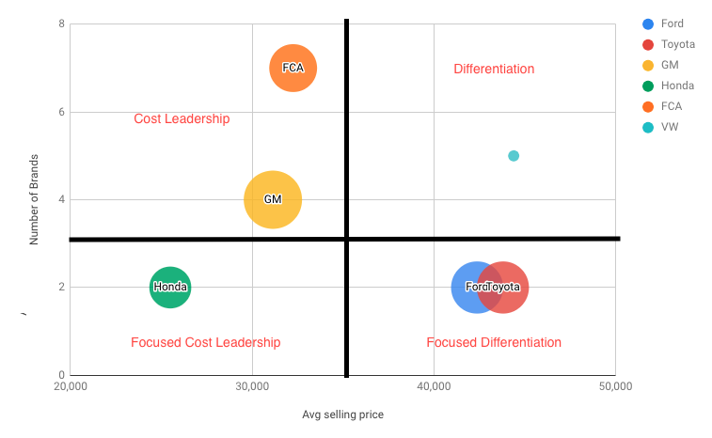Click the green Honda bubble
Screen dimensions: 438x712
[x=170, y=287]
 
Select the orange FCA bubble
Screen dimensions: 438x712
[x=293, y=68]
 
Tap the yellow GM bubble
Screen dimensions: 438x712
[x=273, y=199]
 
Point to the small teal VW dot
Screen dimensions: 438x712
[x=514, y=156]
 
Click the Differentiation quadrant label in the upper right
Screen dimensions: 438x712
[x=494, y=69]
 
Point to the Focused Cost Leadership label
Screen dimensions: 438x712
[x=206, y=342]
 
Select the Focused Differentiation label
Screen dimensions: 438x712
[x=494, y=342]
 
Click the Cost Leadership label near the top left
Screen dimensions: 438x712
[x=182, y=118]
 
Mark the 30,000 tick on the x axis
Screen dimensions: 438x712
[x=251, y=386]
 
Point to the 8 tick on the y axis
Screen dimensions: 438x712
[x=61, y=23]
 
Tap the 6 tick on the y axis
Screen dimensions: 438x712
[x=61, y=112]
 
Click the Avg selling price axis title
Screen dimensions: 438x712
[x=342, y=415]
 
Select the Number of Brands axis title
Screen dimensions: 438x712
[x=34, y=198]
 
